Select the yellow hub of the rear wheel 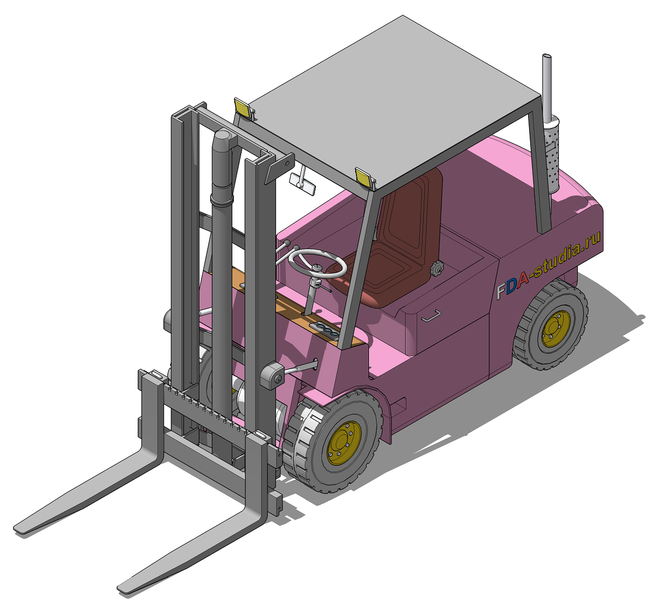point(556,328)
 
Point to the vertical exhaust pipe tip point(547,57)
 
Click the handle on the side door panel point(431,315)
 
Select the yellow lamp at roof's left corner point(242,107)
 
